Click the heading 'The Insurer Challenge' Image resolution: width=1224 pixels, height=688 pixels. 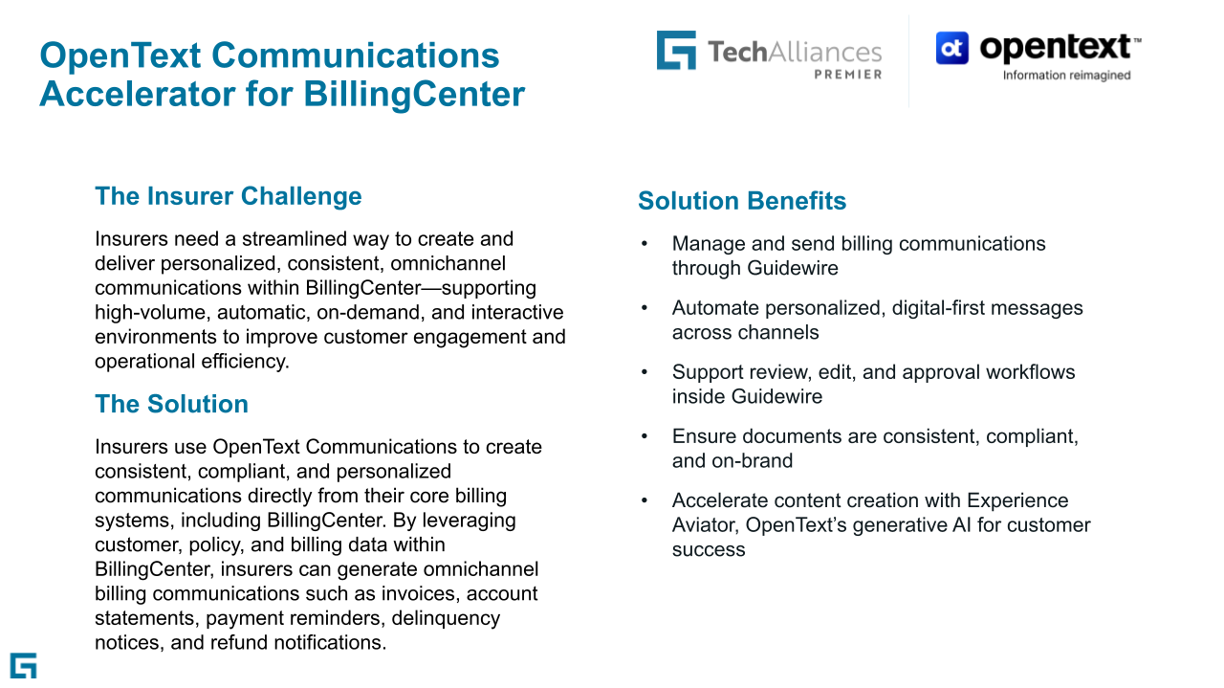coord(229,196)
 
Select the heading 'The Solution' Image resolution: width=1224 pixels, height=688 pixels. coord(171,404)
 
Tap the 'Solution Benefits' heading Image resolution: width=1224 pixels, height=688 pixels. coord(742,201)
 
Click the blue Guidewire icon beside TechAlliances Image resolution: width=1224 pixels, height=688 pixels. coord(676,51)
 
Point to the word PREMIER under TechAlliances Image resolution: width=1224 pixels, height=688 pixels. coord(848,75)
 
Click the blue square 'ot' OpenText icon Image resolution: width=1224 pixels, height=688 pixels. coord(951,48)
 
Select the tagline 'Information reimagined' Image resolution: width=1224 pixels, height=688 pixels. coord(1066,76)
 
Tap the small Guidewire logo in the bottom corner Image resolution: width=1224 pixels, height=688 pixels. coord(24,666)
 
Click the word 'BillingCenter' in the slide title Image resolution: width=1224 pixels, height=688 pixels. coord(414,94)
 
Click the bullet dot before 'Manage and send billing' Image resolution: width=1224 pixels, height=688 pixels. coord(645,244)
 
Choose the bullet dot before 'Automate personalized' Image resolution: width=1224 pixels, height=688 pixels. coord(645,308)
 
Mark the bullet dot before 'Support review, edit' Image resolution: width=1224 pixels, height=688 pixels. coord(645,372)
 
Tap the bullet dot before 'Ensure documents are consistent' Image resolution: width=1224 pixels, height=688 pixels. coord(645,436)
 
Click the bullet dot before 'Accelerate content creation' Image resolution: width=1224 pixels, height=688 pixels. coord(645,500)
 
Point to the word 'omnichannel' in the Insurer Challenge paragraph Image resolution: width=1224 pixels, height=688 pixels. coord(448,263)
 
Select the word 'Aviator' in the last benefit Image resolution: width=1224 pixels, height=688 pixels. coord(706,525)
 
